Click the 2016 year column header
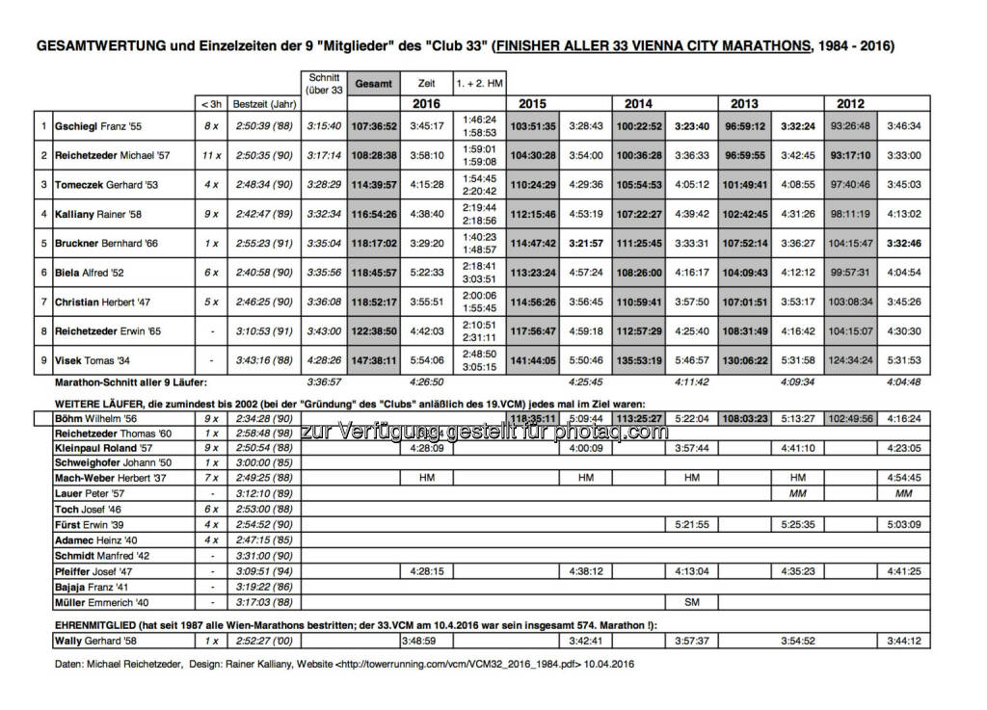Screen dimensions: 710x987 (426, 103)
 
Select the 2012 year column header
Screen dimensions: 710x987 (850, 103)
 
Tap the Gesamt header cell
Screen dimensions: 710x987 (373, 83)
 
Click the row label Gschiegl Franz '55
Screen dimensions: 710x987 (97, 125)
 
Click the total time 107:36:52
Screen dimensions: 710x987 (374, 125)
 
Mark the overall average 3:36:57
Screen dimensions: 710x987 (324, 381)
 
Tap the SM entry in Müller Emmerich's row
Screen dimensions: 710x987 (691, 602)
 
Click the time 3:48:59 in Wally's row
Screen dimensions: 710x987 (425, 640)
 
